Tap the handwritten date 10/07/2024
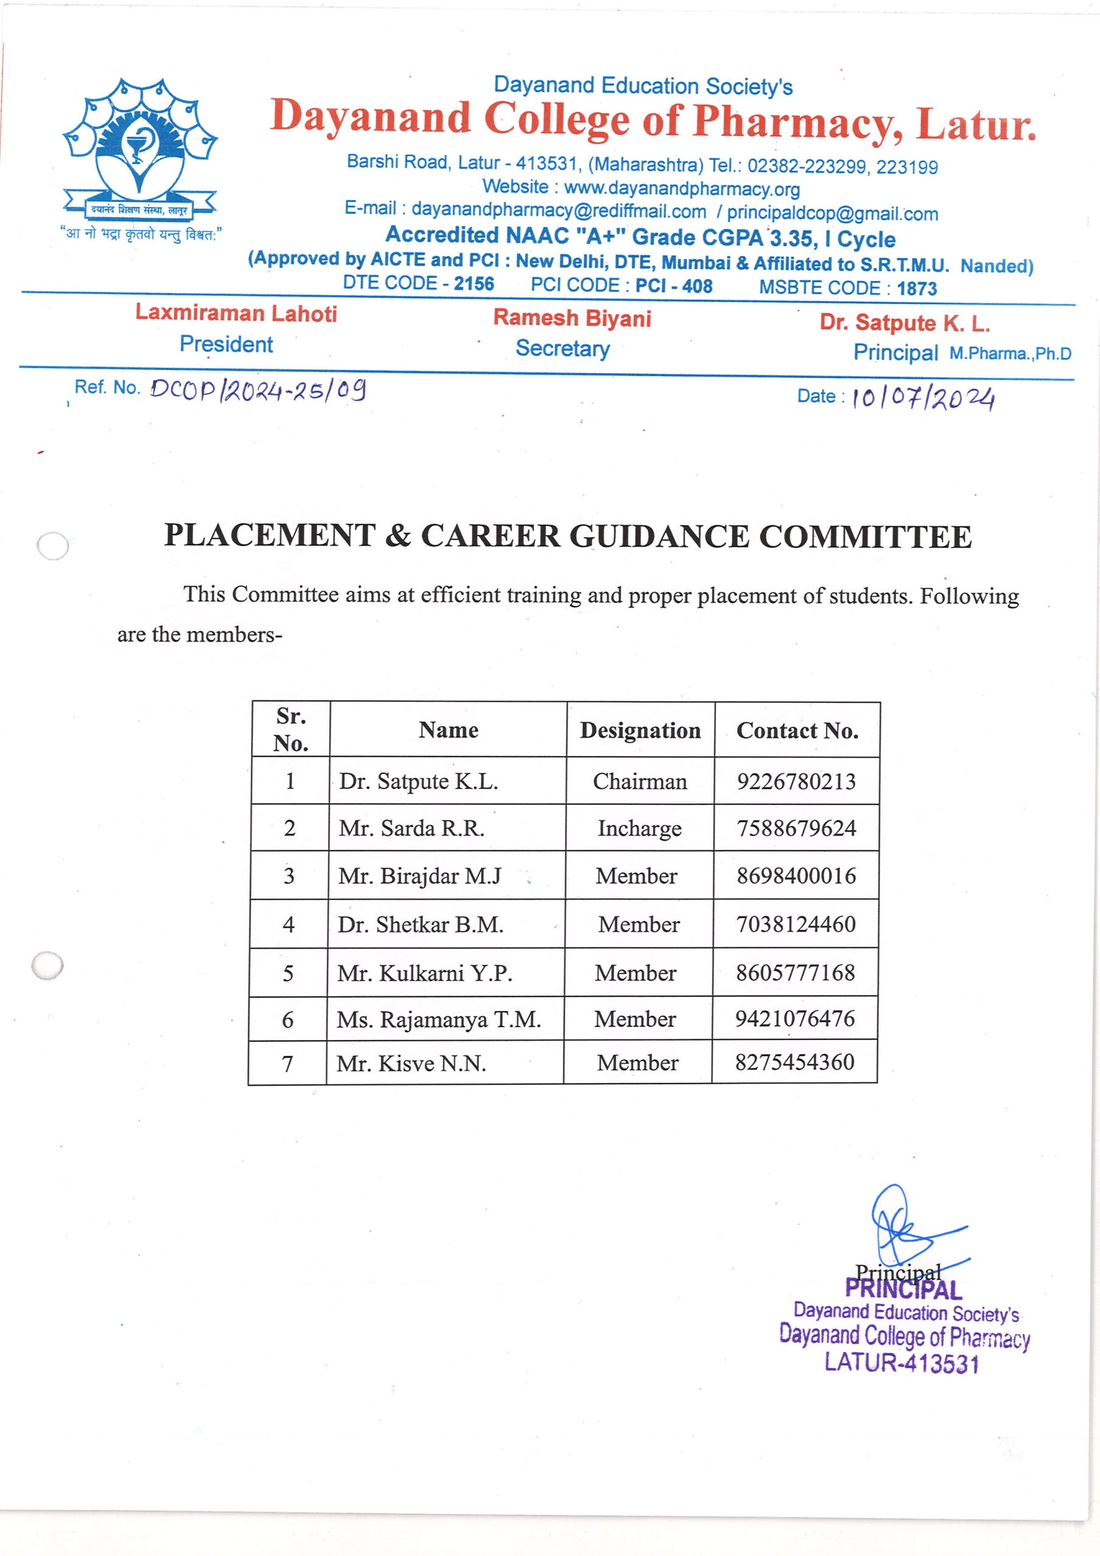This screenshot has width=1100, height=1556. coord(923,398)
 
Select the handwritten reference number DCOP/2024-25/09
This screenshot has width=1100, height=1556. coord(258,390)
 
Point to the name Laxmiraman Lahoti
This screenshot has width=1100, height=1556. coord(236,313)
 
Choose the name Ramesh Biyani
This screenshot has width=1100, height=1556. coord(571,318)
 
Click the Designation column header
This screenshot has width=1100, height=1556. coord(640,730)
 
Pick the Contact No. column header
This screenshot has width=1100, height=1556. coord(797,730)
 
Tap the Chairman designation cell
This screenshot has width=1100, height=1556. coord(640,782)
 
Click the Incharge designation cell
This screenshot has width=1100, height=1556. coord(639,828)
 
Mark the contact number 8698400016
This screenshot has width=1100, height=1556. coord(796,876)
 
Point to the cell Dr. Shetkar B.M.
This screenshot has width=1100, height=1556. coord(420,924)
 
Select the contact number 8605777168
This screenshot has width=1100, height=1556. coord(795,972)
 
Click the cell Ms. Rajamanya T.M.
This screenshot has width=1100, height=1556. coord(439,1019)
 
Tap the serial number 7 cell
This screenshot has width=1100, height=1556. coord(287,1063)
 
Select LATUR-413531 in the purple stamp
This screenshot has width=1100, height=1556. coord(901,1362)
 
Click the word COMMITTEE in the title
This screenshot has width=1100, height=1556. coord(865,537)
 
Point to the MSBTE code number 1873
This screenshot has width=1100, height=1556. coord(916,288)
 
